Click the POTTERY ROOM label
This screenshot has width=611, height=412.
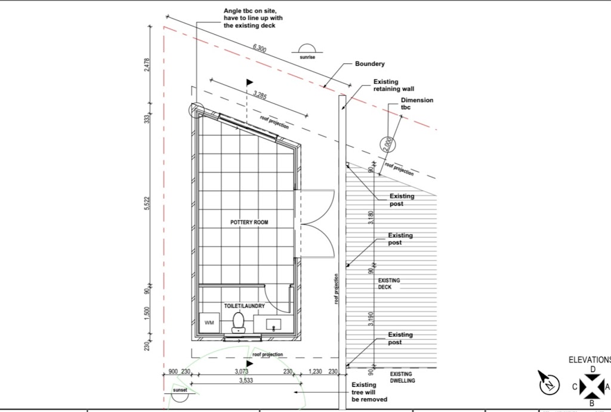tap(249, 222)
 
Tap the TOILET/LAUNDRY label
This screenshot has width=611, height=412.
tap(244, 306)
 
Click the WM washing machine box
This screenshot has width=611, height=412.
tap(209, 322)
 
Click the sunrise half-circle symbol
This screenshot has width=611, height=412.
tap(307, 49)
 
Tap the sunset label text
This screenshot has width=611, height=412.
tap(180, 390)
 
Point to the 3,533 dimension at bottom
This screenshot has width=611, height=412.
tap(245, 380)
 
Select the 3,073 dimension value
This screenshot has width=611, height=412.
tap(240, 371)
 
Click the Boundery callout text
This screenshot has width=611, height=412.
tap(370, 64)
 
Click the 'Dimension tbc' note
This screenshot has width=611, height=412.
tap(416, 104)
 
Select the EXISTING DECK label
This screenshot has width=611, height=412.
tap(389, 284)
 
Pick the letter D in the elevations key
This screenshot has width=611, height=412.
tap(593, 369)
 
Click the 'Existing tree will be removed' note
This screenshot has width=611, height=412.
tap(369, 392)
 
